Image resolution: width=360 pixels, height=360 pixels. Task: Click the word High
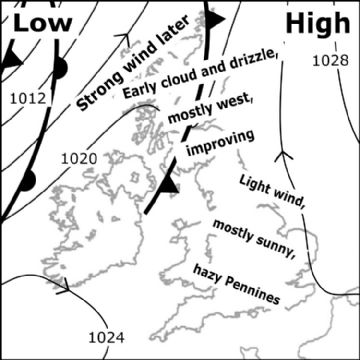pyautogui.click(x=319, y=22)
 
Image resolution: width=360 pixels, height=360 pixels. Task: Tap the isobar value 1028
pyautogui.click(x=329, y=62)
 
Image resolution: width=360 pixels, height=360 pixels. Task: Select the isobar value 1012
pyautogui.click(x=27, y=98)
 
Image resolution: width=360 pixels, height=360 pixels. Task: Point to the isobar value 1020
pyautogui.click(x=78, y=159)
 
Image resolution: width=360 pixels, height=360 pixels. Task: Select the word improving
pyautogui.click(x=220, y=143)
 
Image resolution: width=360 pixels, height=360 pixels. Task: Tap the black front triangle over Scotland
pyautogui.click(x=168, y=185)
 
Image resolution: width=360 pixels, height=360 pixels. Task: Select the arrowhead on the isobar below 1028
pyautogui.click(x=283, y=155)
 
